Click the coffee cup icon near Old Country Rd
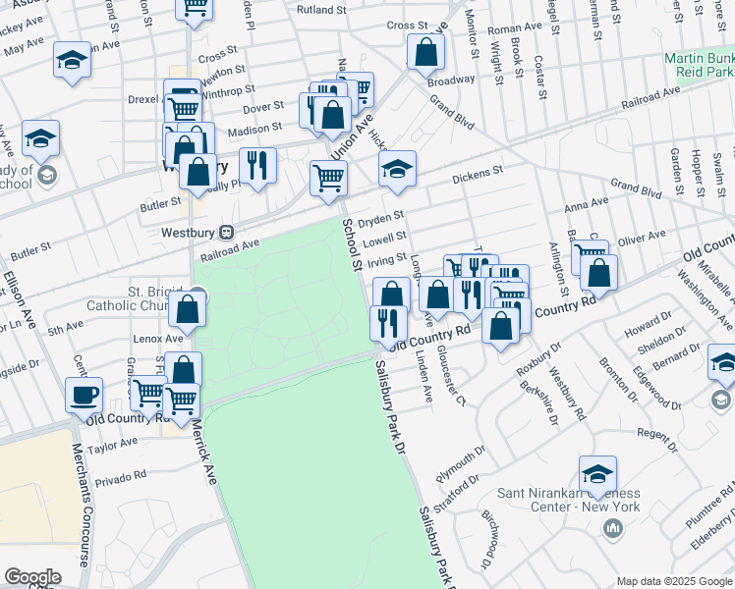tap(84, 396)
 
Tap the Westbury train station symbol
tap(227, 233)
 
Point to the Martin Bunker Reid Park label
tap(698, 66)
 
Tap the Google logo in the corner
tap(32, 577)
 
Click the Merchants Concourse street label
tap(85, 501)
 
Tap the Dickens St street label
tap(478, 175)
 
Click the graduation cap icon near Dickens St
tap(397, 170)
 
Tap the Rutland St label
tap(322, 10)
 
